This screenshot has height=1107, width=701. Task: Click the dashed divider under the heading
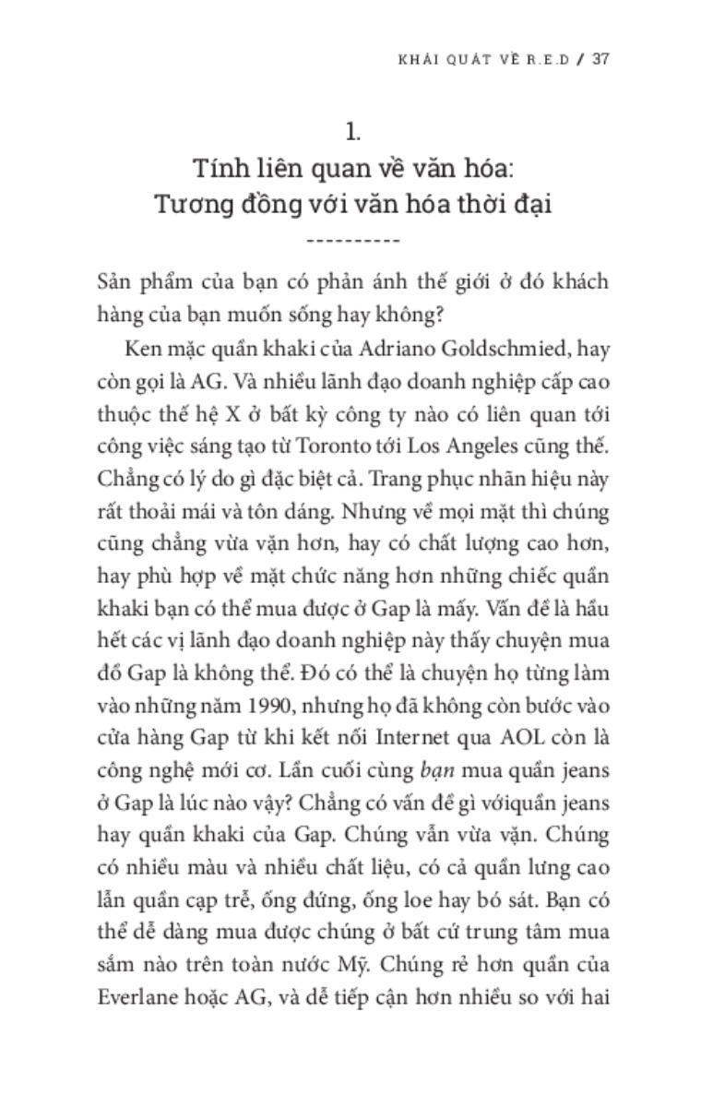(x=351, y=242)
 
